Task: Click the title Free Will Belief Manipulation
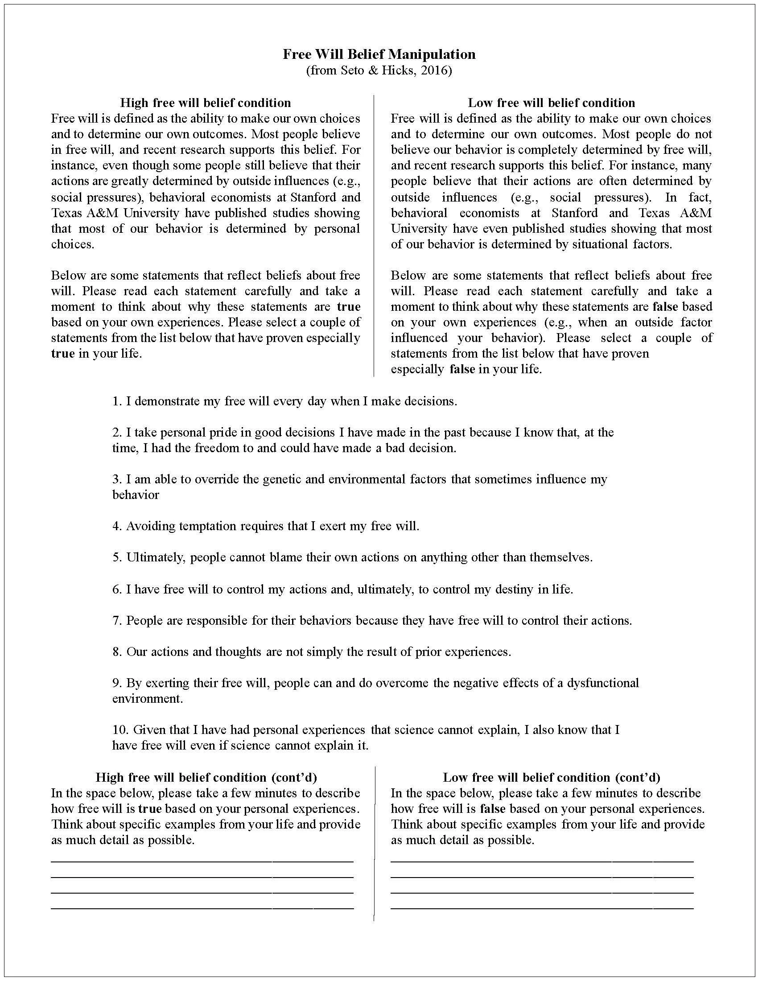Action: click(x=379, y=54)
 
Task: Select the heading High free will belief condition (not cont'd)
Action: click(x=205, y=103)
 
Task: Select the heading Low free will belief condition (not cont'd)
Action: click(x=551, y=103)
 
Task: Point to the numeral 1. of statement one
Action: click(x=117, y=401)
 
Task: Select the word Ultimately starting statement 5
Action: click(x=155, y=557)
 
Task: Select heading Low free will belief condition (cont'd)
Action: click(x=552, y=778)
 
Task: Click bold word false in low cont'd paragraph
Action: click(x=492, y=809)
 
